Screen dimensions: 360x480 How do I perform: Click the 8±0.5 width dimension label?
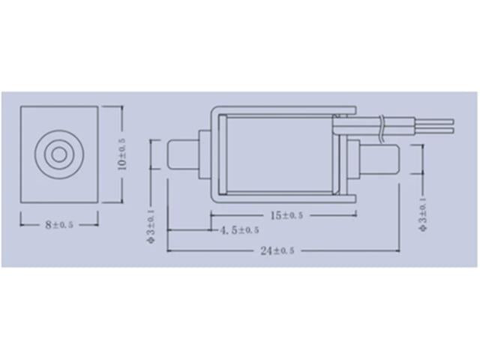58,223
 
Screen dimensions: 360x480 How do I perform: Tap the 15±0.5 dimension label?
286,216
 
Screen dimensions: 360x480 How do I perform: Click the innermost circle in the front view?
58,154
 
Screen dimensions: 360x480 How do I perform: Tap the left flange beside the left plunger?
202,154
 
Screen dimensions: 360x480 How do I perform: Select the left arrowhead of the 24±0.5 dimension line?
169,251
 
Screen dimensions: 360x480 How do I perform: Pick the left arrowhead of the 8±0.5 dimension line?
22,223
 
